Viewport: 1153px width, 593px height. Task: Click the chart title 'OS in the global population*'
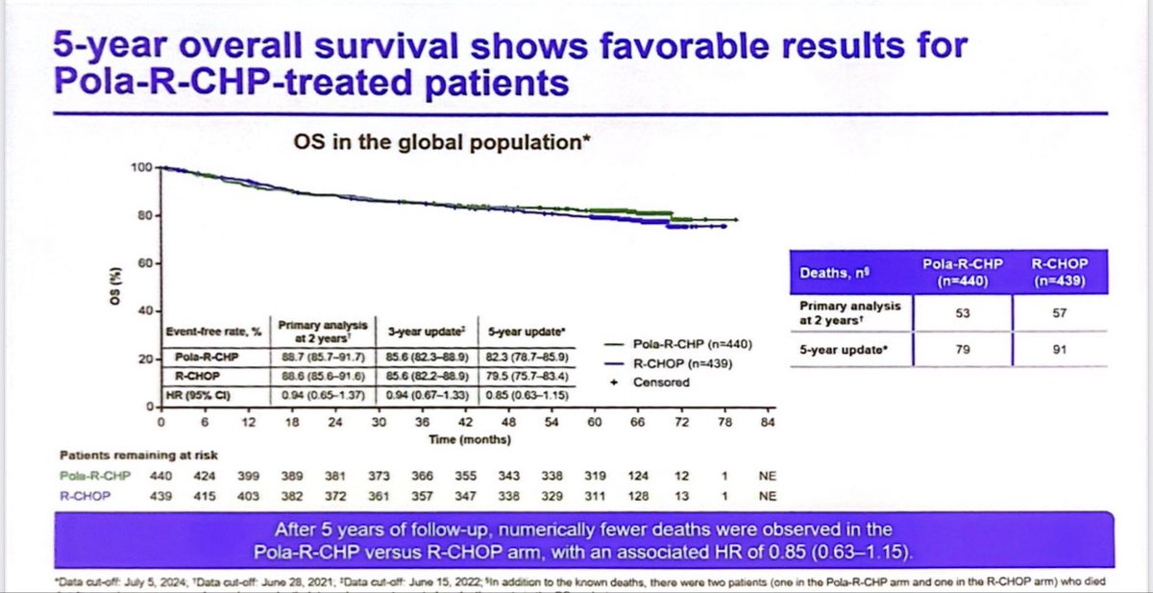point(441,143)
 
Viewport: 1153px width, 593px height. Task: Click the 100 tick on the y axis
point(142,168)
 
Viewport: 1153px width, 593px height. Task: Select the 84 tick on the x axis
point(767,421)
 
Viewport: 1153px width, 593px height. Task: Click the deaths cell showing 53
point(963,312)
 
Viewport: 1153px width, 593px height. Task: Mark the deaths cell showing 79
point(963,350)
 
